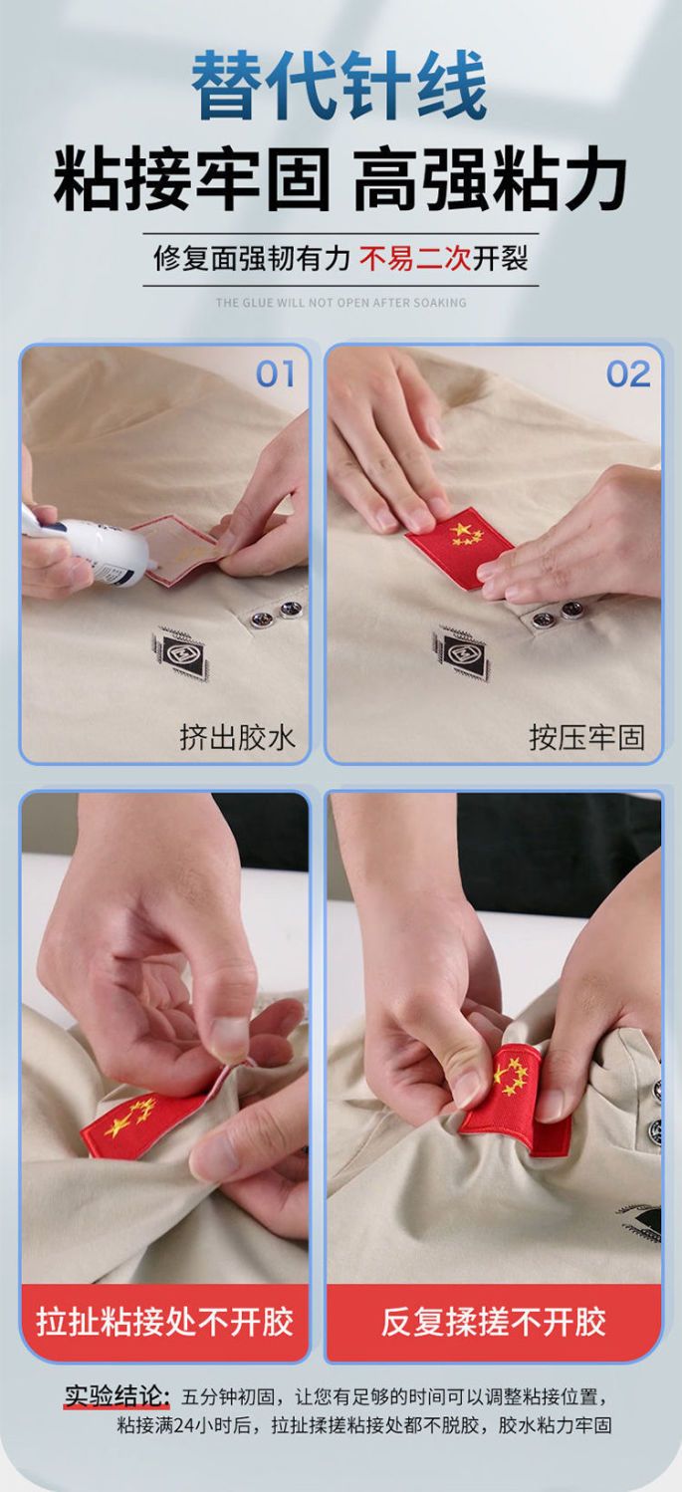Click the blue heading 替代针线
340,86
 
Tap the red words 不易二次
415,258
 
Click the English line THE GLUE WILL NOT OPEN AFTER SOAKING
341,303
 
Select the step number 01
276,374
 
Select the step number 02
628,374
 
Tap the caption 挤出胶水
237,737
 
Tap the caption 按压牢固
586,737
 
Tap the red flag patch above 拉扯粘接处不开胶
143,1125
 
